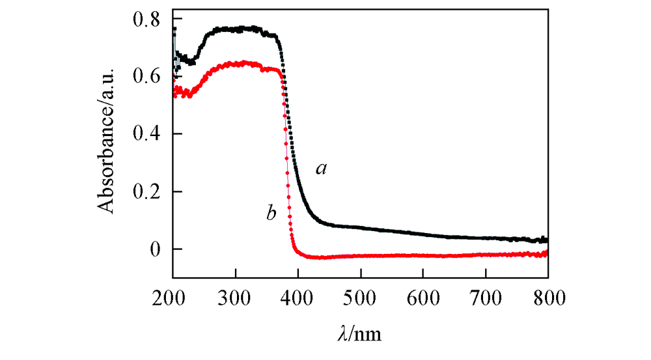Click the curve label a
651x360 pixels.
pos(321,169)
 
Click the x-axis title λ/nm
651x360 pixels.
pos(360,335)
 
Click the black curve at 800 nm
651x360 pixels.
pos(546,240)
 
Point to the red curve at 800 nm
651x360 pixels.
pos(546,253)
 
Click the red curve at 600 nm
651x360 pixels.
pos(423,256)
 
